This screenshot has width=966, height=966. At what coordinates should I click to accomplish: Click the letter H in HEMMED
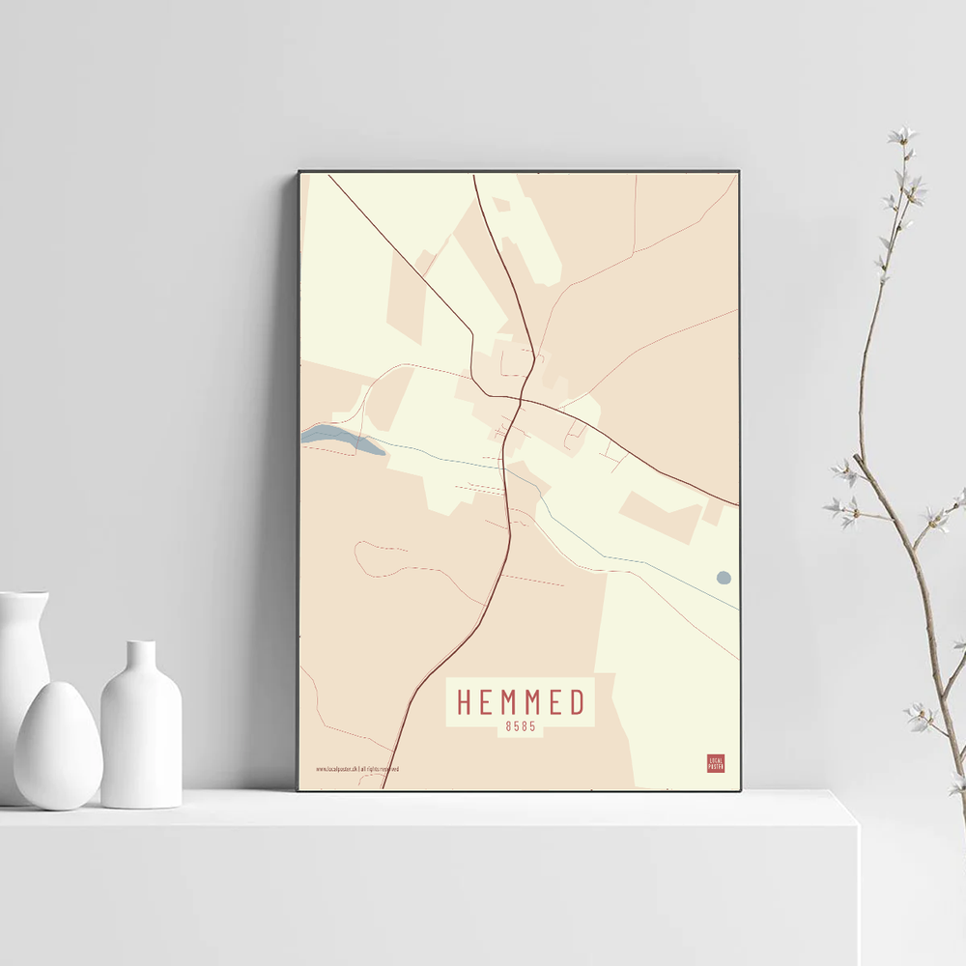(465, 702)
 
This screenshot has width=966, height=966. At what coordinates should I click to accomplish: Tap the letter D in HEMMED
(578, 702)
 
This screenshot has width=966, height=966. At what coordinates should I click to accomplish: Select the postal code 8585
(520, 727)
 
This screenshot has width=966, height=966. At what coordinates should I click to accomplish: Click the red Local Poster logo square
(716, 763)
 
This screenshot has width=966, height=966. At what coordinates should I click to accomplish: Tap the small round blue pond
(724, 578)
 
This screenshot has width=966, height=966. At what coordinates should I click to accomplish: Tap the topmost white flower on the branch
(903, 134)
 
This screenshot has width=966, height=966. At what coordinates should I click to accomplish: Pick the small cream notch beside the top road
(500, 205)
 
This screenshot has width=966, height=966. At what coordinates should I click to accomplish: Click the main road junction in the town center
(520, 398)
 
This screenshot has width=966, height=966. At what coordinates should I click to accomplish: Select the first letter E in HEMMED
(486, 702)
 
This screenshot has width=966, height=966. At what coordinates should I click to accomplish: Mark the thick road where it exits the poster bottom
(384, 784)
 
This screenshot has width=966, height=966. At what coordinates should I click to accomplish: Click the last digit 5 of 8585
(532, 727)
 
